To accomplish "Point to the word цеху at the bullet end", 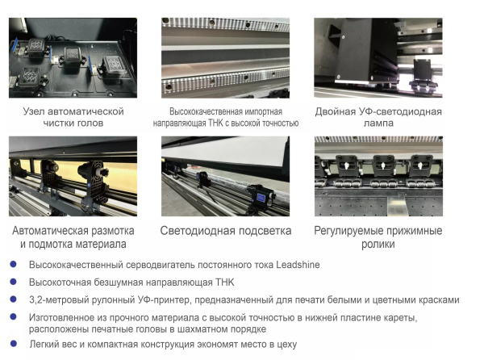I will [284, 344].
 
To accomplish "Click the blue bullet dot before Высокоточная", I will [12, 282].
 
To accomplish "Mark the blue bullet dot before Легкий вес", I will [12, 344].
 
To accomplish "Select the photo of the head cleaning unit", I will [73, 57].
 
